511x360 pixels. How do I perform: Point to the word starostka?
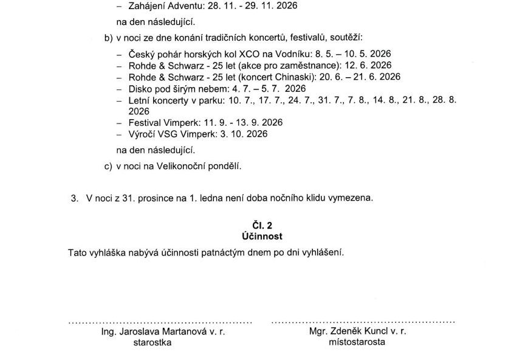tap(152, 342)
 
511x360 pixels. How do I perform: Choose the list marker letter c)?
tap(109, 165)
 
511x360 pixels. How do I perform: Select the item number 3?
tap(75, 198)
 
